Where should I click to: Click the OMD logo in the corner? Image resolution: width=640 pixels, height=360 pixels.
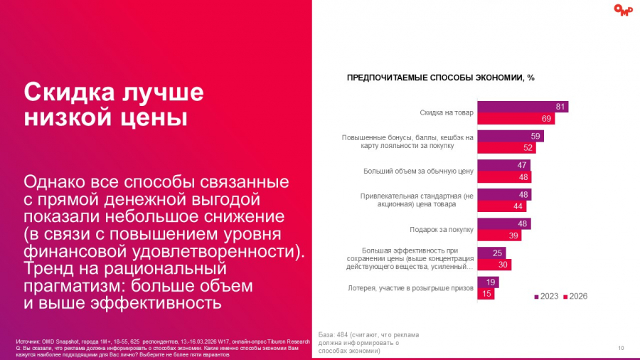click(x=623, y=10)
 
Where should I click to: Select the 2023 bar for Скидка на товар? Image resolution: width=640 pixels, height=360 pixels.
click(x=522, y=107)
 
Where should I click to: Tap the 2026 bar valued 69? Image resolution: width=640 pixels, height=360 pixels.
click(x=516, y=119)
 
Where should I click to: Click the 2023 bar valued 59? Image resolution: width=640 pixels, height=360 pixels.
click(x=510, y=136)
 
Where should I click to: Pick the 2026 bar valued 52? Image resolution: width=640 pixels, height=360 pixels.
click(x=506, y=148)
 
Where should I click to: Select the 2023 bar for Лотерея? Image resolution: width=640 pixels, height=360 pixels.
click(x=487, y=282)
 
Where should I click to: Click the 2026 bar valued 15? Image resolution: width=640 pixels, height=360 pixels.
click(x=485, y=294)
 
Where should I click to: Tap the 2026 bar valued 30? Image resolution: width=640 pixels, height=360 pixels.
click(x=494, y=265)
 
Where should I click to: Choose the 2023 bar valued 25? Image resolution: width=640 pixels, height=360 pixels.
click(x=491, y=253)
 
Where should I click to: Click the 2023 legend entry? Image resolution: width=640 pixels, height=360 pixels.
click(x=546, y=296)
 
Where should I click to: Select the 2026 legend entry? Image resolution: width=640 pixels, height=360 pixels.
click(x=575, y=296)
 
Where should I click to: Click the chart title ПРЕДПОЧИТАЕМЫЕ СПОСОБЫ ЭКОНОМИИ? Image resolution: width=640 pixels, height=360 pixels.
click(x=440, y=78)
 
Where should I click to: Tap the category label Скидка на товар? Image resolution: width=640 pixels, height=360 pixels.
click(x=447, y=112)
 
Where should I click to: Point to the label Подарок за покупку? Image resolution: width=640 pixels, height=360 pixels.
click(x=442, y=229)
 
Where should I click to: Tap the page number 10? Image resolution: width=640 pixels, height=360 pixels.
click(x=621, y=347)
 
